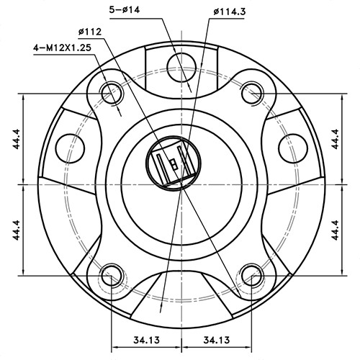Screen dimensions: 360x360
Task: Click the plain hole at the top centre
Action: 180,63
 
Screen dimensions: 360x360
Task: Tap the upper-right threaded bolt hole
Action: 250,91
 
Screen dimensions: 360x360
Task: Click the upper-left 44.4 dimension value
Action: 16,139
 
